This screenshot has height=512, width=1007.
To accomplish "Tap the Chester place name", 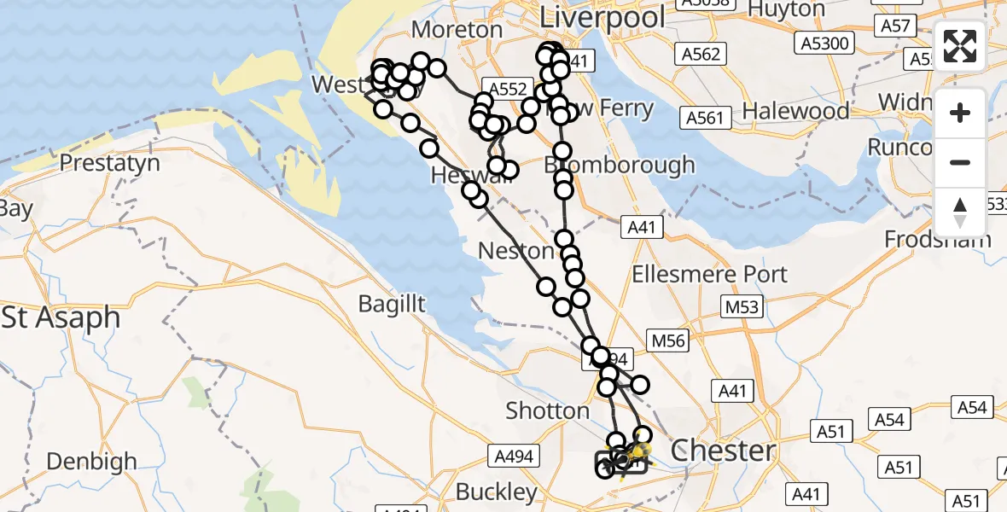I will tap(724, 451).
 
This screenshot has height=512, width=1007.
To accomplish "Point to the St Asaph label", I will tap(61, 318).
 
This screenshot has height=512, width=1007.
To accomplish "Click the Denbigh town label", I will tap(91, 462).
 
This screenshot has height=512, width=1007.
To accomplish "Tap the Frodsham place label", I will tap(938, 239).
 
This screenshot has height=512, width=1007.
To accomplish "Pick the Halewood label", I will tap(795, 111).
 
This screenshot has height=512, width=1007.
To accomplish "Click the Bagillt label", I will tap(392, 303).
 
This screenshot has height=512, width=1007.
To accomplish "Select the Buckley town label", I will tap(497, 492).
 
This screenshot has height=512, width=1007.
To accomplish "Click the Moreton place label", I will tap(457, 29).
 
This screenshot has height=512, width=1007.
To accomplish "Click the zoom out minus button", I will tap(960, 162).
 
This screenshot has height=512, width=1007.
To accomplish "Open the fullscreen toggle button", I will tap(960, 46).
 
